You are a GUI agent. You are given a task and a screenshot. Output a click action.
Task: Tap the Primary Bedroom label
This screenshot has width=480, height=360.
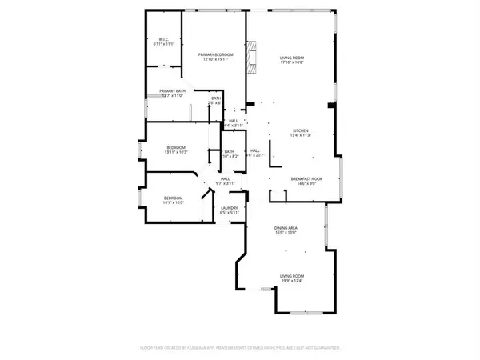(x=214, y=54)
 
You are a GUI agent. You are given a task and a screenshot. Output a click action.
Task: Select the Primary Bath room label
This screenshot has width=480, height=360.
(x=172, y=91)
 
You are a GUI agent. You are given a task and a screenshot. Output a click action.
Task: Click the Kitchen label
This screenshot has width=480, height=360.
(x=300, y=131)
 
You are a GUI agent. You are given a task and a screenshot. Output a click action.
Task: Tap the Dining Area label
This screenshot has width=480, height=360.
(x=286, y=228)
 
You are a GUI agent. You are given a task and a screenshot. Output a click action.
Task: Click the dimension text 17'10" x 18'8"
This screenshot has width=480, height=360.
(x=291, y=62)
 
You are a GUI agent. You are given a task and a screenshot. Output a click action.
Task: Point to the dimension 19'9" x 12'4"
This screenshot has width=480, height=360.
(x=292, y=280)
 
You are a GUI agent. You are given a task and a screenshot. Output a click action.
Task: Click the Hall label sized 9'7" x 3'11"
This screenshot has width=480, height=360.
(x=226, y=179)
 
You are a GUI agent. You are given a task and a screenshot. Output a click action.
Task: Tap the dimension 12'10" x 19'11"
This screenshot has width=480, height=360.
(x=214, y=59)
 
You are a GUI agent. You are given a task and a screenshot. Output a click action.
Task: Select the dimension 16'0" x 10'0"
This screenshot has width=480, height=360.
(x=286, y=233)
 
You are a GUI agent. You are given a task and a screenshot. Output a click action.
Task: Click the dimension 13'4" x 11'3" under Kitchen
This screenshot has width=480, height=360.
(x=300, y=136)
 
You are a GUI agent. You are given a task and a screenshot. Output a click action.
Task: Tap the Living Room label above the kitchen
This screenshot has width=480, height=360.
(x=291, y=58)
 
